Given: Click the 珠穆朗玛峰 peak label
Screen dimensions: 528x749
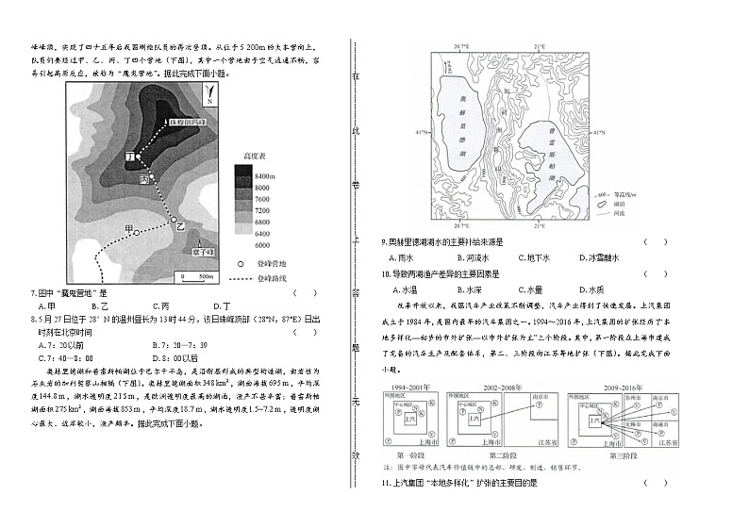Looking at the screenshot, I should (188, 123).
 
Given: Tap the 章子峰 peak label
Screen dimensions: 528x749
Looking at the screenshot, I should (204, 252).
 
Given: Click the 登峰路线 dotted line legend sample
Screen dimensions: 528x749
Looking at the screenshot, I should (240, 279).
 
